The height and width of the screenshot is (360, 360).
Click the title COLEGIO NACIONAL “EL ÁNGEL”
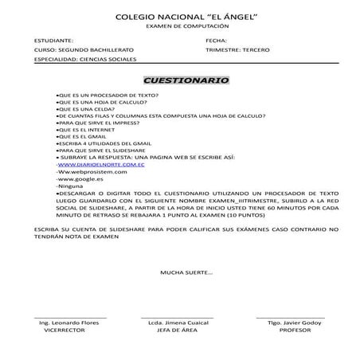pos(179,17)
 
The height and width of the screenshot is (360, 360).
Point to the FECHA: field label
pos(216,40)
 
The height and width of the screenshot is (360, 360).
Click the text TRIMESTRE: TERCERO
pos(237,49)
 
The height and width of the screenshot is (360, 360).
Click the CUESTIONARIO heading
pos(185,80)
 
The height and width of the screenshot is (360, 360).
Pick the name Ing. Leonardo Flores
pos(71,323)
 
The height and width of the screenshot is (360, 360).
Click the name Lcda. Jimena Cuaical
pos(180,323)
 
